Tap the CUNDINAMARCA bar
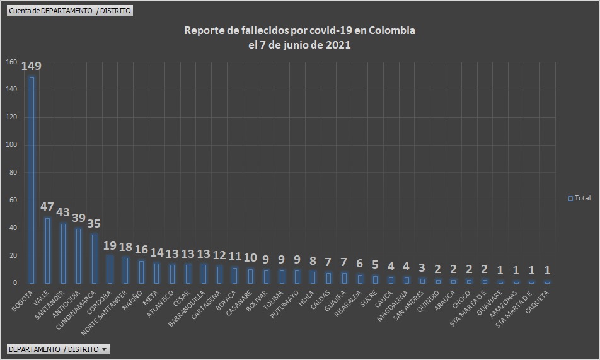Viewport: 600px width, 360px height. coord(94,258)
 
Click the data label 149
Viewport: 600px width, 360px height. coord(32,66)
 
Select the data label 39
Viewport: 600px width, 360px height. coord(79,218)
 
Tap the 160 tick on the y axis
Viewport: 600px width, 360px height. coord(11,62)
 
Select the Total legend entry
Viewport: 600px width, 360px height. coord(579,198)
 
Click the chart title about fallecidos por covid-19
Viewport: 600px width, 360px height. coord(299,38)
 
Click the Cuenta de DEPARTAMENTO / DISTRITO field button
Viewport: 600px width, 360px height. coord(69,11)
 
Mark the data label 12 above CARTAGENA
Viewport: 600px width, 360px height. coord(219,255)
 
